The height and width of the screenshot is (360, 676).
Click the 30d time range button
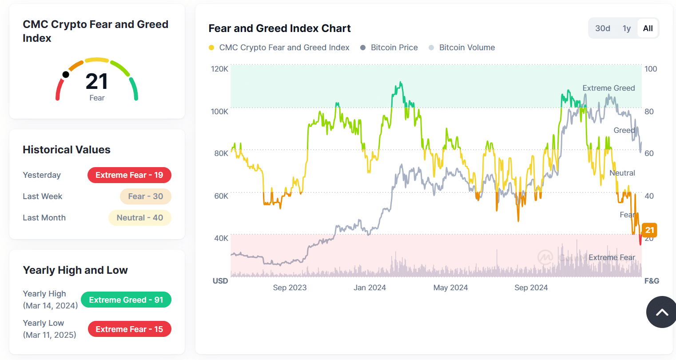point(602,28)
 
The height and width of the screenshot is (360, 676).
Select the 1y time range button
point(626,28)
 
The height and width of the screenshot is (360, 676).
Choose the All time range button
point(648,28)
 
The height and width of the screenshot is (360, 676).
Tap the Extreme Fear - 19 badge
point(129,175)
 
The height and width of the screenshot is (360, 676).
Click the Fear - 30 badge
point(145,196)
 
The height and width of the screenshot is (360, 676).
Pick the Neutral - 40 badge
point(139,218)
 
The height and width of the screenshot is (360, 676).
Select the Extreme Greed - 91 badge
point(126,300)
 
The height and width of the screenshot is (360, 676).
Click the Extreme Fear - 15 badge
point(129,329)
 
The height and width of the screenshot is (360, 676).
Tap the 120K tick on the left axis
point(219,69)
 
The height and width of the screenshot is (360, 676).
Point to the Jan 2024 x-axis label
point(370,288)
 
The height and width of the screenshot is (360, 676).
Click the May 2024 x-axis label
point(450,288)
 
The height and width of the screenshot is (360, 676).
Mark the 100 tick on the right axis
point(651,69)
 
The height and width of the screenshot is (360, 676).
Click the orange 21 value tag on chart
point(649,230)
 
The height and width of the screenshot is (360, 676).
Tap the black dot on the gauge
point(66,74)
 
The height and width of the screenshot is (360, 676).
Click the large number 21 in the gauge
point(96,81)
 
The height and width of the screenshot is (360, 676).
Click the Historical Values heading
point(67,150)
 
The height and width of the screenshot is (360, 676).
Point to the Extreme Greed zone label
point(608,88)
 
